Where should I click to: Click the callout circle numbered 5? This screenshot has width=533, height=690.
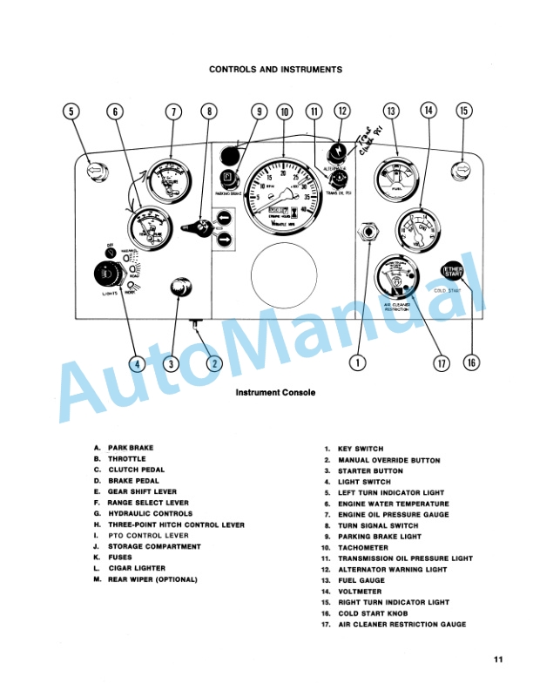pos(72,112)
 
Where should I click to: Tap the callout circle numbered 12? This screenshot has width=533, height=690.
pos(342,112)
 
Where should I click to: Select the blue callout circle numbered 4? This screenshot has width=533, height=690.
pos(136,363)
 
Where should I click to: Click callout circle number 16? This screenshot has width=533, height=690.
pos(471,363)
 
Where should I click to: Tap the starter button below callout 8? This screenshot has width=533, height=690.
pos(180,287)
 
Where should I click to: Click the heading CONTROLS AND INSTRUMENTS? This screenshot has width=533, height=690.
pos(275,70)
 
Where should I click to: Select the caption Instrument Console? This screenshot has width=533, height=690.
pos(275,393)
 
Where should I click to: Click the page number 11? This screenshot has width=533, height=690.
pos(497,659)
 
